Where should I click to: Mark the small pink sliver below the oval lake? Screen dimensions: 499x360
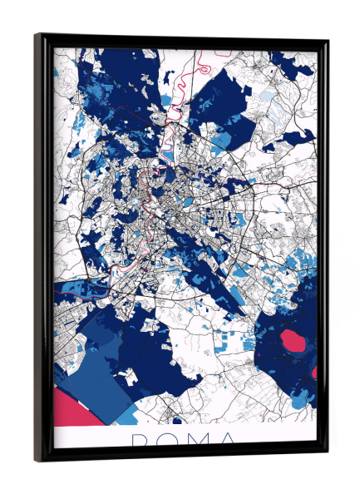(314, 372)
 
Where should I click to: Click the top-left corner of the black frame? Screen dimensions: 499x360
(37, 36)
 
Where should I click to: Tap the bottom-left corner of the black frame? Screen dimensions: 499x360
(36, 460)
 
